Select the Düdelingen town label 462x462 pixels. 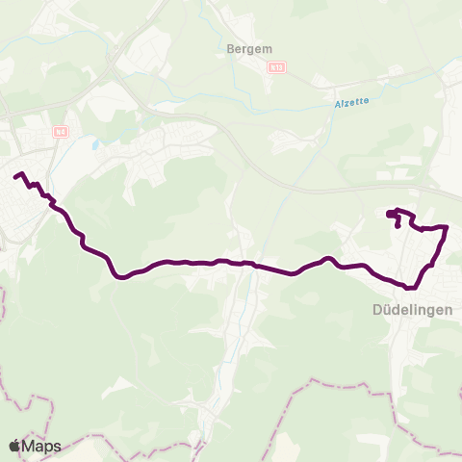point(411,310)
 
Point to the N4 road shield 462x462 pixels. point(60,132)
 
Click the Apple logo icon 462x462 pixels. point(14,446)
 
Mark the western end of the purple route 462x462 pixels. point(15,176)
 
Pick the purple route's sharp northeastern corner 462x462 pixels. point(447,227)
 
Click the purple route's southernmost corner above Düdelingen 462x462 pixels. point(410,287)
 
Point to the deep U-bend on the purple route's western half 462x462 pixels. point(119,277)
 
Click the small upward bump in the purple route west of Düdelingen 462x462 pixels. point(327,258)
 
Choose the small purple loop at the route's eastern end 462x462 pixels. point(395,216)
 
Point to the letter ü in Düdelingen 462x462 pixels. point(385,310)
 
